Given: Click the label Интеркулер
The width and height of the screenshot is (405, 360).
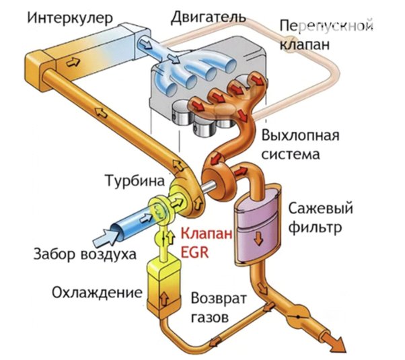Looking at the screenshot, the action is pos(70,18).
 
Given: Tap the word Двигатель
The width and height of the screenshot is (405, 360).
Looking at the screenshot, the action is pos(208,17).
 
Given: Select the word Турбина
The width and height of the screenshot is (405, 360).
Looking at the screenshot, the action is pos(135,181).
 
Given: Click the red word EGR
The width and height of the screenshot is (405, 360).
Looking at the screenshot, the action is pos(194,252).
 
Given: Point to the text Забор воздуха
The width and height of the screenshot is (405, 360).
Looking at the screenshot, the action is pos(85,254).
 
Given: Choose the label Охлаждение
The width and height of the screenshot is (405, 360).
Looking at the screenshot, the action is pos(97,293).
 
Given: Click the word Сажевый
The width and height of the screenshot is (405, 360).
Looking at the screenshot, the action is pos(320,209).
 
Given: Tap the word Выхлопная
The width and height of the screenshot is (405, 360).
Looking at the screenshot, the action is pos(301,135).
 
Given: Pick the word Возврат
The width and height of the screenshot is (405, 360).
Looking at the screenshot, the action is pos(219,299).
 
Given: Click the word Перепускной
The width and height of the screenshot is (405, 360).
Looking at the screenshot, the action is pos(327,26).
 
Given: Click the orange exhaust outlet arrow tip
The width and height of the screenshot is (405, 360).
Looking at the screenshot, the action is pos(345,352).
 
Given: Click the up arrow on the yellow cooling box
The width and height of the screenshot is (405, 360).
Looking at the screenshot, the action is pos(164,299).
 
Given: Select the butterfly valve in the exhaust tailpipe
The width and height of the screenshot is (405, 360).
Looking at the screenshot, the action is pos(298,316).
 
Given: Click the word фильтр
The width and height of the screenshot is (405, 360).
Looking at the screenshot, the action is pos(316,227).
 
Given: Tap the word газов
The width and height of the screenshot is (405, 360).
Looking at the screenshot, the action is pos(210,317).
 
